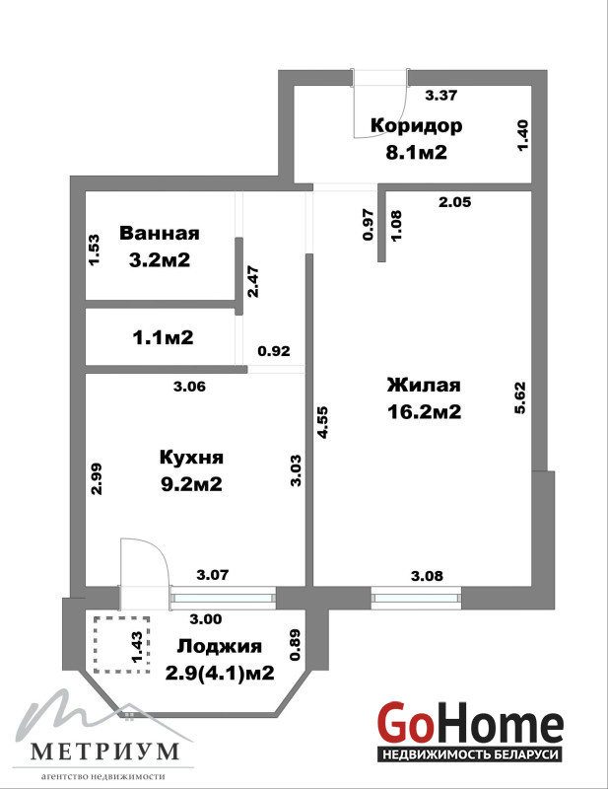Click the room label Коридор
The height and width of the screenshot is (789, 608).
[417, 126]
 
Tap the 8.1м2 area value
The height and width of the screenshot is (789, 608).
[417, 152]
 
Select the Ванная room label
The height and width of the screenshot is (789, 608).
[160, 233]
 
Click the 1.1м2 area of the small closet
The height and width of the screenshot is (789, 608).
[163, 337]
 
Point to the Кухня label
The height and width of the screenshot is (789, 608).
[191, 458]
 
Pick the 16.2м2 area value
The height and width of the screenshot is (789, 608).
[424, 412]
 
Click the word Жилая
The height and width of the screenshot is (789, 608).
[424, 385]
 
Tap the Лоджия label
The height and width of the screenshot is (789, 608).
[220, 646]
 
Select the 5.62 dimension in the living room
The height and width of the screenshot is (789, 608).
[519, 397]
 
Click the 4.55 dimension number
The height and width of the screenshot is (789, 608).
[322, 422]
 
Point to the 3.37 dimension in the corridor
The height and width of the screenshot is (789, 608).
[441, 95]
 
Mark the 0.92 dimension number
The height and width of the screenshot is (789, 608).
[274, 351]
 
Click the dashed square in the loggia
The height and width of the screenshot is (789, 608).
[122, 645]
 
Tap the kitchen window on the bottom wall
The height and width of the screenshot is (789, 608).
[224, 598]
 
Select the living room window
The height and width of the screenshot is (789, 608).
[417, 598]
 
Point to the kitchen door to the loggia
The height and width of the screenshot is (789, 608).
[145, 562]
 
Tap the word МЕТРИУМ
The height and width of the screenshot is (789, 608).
[104, 752]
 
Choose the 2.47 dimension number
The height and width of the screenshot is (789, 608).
[253, 281]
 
